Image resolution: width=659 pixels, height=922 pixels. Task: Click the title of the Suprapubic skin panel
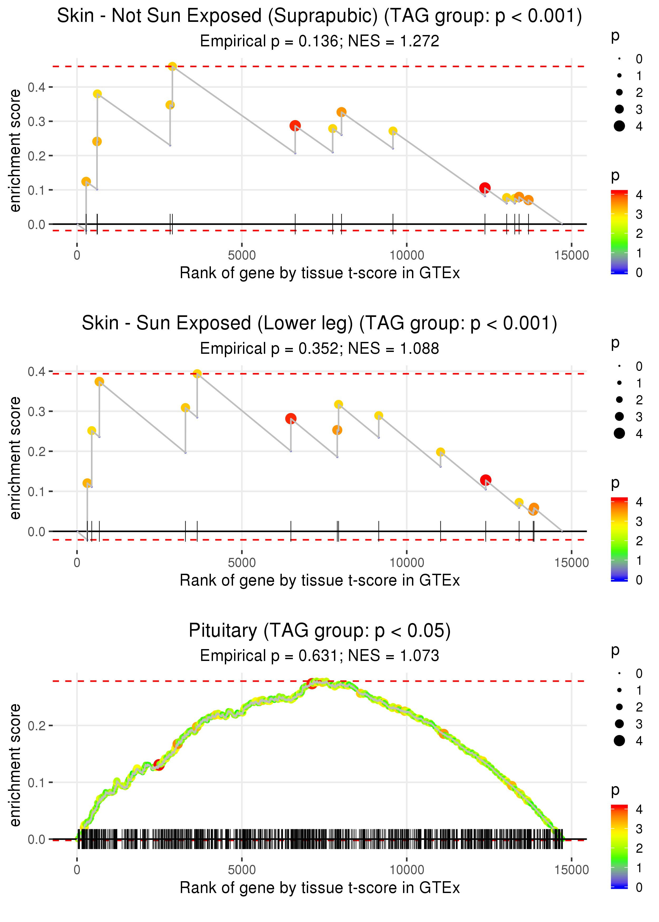coord(319,16)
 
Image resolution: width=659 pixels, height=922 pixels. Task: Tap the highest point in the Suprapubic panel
coord(172,66)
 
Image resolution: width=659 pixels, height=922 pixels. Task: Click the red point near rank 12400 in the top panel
coord(484,188)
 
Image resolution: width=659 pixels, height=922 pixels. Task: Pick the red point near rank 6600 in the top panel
coord(295,126)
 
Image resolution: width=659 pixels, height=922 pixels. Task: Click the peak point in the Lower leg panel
coord(197,374)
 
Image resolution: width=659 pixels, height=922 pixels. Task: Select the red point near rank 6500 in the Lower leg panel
coord(290,418)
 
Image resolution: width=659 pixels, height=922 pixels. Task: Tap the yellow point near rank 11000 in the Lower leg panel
coord(440,452)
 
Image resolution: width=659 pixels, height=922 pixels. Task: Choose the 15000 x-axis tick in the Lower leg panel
coord(571,563)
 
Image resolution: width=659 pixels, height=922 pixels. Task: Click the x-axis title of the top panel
coord(319,273)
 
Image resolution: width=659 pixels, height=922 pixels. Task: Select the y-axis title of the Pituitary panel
coord(15,765)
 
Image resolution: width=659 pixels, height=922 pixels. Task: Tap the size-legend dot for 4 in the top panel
coord(619,126)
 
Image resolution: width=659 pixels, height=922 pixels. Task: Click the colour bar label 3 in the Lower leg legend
coord(639,521)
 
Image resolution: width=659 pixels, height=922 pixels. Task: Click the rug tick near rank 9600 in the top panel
coord(393,224)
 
